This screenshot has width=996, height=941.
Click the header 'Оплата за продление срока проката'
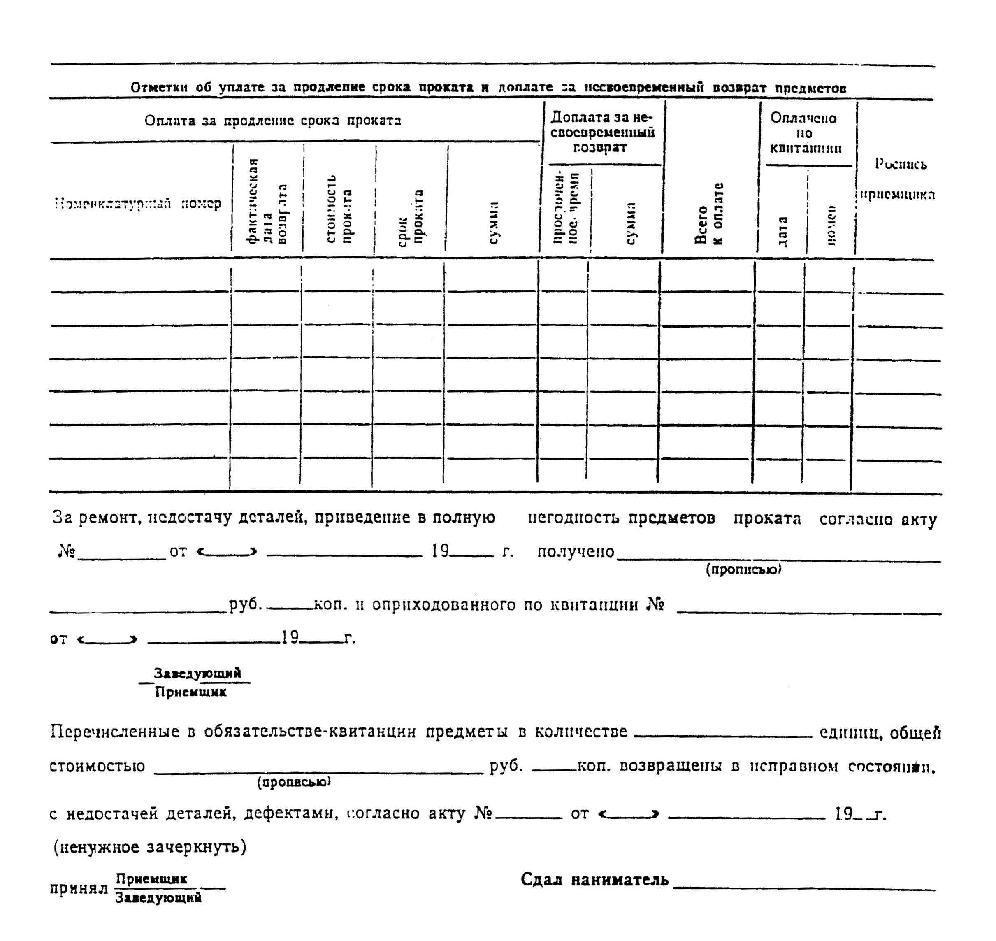(273, 121)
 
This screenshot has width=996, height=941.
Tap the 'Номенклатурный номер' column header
(138, 204)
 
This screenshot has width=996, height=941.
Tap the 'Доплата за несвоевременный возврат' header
(602, 132)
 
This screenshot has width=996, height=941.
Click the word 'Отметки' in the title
(160, 88)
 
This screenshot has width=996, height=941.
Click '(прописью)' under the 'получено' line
(744, 570)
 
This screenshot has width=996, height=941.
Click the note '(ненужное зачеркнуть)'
(150, 847)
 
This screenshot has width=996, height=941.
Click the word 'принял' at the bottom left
(79, 888)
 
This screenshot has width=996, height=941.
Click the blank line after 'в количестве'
(723, 736)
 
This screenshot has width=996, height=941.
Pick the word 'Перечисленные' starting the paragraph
(115, 732)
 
